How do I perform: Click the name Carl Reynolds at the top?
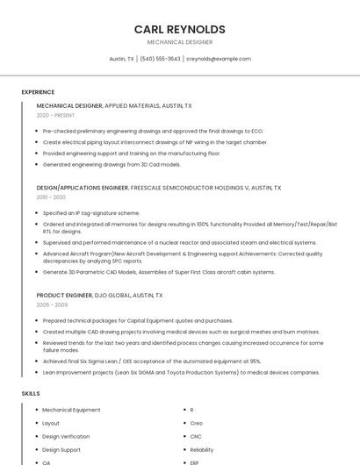point(179,29)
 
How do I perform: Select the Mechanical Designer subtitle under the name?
point(179,42)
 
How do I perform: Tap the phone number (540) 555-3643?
point(160,59)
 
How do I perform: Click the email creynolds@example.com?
point(219,59)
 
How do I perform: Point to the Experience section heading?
point(38,92)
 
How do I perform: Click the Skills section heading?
point(31,394)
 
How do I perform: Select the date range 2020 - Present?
point(55,115)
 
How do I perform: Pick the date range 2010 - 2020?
point(51,197)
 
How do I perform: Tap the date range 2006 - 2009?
point(52,305)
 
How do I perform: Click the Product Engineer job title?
point(63,296)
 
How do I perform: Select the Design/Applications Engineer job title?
point(83,188)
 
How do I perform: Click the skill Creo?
point(196,423)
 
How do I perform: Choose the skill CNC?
point(196,436)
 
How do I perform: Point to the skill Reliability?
point(202,449)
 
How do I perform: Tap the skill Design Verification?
point(66,436)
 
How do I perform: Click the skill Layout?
point(51,423)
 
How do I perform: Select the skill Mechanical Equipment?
point(71,410)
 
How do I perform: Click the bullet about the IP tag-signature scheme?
point(91,213)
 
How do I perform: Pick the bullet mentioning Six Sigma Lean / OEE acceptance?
point(152,361)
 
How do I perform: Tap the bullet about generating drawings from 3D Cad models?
point(112,164)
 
